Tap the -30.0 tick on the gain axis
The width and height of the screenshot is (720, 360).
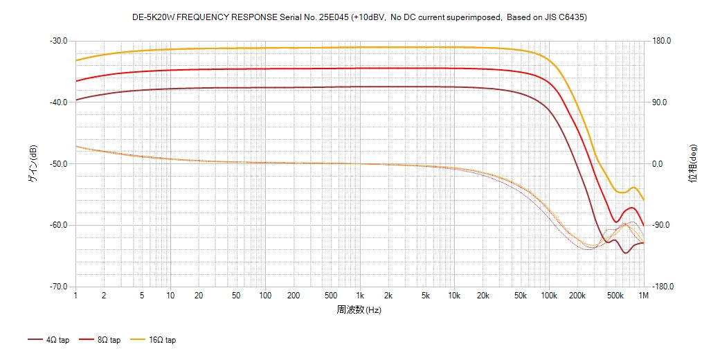[58, 41]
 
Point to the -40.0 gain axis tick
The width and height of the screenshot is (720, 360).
[58, 102]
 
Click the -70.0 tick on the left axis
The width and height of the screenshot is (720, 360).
[58, 287]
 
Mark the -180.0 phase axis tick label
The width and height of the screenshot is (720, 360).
[664, 287]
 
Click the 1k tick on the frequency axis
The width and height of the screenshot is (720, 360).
[359, 296]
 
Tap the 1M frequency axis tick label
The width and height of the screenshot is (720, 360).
[644, 296]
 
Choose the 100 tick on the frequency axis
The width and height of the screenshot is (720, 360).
[264, 296]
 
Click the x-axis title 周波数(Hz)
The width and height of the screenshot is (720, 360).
[359, 309]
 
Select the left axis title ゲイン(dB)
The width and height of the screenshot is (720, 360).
[32, 164]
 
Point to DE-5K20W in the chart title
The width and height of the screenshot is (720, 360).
[153, 17]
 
